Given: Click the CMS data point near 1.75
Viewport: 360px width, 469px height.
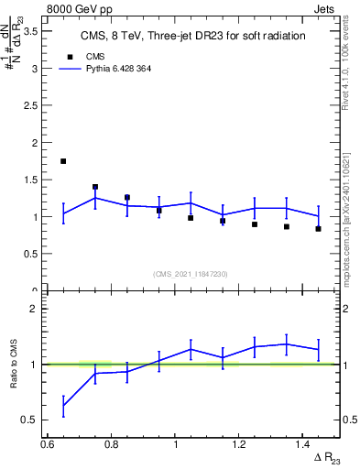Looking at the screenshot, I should tap(63, 161).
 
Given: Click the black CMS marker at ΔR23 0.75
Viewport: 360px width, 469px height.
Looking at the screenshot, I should tap(95, 187).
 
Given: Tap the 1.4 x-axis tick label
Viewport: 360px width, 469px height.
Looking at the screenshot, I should tap(303, 443).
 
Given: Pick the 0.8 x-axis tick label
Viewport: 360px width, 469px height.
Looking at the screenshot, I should tap(112, 443).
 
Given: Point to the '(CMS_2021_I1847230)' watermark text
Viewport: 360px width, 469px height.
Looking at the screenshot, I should tap(191, 273).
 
